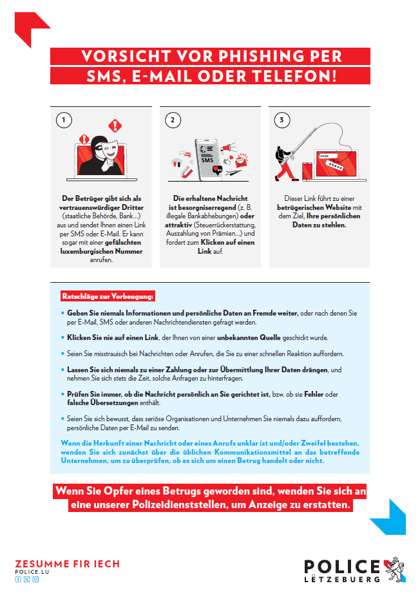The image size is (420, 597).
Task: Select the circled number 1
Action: pyautogui.click(x=63, y=120)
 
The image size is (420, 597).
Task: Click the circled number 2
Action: pyautogui.click(x=172, y=120)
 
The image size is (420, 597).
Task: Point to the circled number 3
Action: pyautogui.click(x=282, y=120)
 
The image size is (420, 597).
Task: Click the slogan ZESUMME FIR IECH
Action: pyautogui.click(x=67, y=564)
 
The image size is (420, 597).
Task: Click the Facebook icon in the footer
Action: pyautogui.click(x=17, y=580)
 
